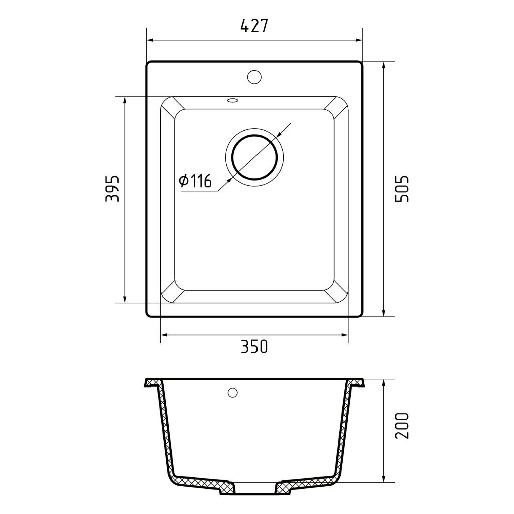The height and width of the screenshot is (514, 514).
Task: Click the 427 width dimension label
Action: tap(254, 26)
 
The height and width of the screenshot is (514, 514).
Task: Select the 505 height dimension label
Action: tap(402, 189)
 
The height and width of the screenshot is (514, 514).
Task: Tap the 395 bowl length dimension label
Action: tap(112, 189)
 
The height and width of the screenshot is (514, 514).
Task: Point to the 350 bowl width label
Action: tap(254, 346)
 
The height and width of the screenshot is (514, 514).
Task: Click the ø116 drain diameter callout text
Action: tap(195, 181)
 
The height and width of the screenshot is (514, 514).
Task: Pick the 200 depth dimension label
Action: tap(402, 426)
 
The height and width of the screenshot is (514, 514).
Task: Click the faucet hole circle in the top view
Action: tap(254, 77)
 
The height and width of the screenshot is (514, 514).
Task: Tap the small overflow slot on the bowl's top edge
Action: tap(233, 100)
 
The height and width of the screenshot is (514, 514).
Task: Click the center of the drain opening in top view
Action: tap(254, 157)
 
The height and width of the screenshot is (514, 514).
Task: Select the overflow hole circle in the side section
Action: tap(233, 392)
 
